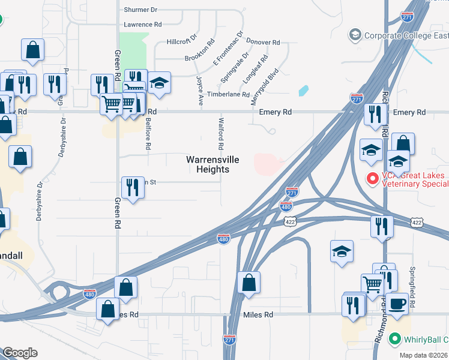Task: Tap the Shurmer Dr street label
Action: tap(140, 10)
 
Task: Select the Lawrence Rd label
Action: tap(143, 25)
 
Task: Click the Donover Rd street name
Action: tap(263, 43)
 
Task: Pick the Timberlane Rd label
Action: tap(228, 95)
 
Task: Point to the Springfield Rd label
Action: tap(412, 287)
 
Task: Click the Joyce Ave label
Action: tap(199, 91)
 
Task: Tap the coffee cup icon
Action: tap(396, 304)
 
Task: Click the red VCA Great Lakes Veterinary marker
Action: tap(372, 179)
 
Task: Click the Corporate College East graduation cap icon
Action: tap(355, 36)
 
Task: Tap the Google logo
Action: tap(20, 353)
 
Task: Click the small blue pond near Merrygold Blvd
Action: tap(303, 91)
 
